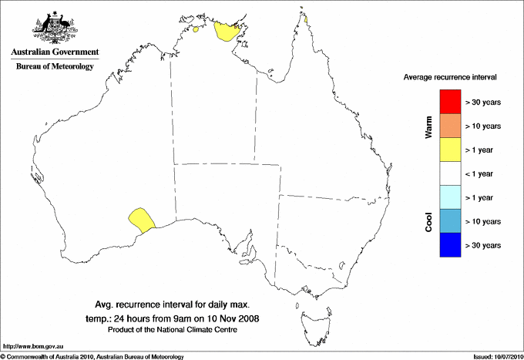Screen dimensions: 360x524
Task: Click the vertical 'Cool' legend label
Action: (428, 221)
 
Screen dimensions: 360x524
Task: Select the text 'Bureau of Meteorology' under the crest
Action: (55, 66)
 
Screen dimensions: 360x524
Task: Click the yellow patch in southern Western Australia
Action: (141, 218)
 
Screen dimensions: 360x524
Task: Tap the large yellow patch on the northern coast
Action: (227, 32)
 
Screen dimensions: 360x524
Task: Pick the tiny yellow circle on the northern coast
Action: (197, 31)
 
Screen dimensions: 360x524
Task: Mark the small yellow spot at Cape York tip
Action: (306, 20)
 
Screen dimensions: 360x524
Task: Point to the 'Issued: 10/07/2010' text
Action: (495, 356)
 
